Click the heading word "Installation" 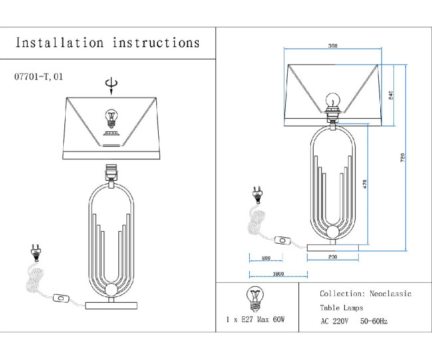click(59, 43)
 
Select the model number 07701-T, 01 click(39, 77)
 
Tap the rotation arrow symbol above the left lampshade click(112, 83)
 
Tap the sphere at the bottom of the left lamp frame click(112, 292)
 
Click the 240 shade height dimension click(391, 95)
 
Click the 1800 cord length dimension click(278, 273)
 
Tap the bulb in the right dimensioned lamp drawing click(332, 100)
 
